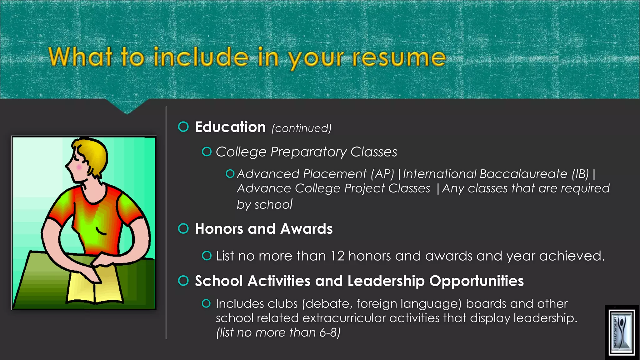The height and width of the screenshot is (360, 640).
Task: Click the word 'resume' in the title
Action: point(399,58)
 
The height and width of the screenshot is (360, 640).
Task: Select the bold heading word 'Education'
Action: point(230,127)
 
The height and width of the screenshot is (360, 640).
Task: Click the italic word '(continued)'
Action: point(302,128)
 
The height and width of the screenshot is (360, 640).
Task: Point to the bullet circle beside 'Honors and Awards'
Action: point(183,228)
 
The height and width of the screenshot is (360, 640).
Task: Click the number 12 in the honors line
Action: point(337,256)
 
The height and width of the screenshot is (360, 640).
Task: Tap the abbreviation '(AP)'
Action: point(382,174)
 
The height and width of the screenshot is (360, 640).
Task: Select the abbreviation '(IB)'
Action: point(580,174)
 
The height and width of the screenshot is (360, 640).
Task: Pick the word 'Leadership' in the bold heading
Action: point(386,281)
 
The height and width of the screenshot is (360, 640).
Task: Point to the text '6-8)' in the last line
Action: point(330,332)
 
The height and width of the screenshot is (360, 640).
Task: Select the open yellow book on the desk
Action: point(94,286)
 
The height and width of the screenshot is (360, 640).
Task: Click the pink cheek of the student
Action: point(79,168)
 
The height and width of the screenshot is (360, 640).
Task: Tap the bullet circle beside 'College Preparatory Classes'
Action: point(207,152)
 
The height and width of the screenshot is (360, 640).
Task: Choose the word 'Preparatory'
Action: point(308,152)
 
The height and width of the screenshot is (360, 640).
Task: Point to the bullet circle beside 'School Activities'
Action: point(183,281)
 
